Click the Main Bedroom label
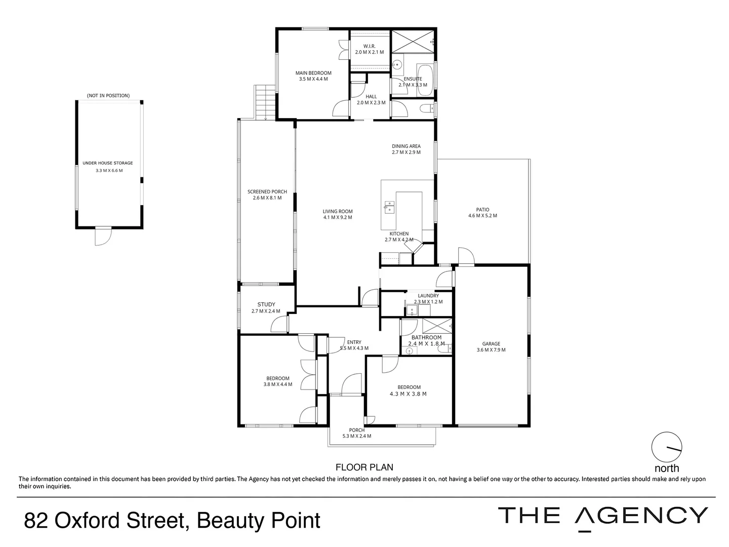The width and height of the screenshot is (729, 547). coord(313,73)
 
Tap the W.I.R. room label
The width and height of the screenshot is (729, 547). coord(369,46)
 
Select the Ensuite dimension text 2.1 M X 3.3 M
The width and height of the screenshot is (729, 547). coord(413,85)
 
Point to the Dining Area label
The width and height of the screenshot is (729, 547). coord(406,146)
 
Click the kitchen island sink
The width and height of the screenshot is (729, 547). coord(389,206)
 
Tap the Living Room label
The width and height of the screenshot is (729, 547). coord(338,211)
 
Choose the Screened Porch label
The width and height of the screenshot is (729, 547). coord(267,192)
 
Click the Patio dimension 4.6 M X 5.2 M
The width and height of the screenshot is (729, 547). coord(482,216)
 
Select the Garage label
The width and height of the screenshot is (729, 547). coord(491,344)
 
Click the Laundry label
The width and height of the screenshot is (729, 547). coord(428,296)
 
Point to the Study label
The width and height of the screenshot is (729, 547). coord(266,304)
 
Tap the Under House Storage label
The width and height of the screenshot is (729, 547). coord(108,163)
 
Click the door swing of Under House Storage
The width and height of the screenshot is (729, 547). coord(103,237)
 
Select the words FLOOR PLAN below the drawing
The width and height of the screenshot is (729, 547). coord(364,467)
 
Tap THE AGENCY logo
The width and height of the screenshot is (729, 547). coord(602,516)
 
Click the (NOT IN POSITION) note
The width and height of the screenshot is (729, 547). coord(108,96)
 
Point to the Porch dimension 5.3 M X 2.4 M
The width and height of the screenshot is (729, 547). coord(357,436)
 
